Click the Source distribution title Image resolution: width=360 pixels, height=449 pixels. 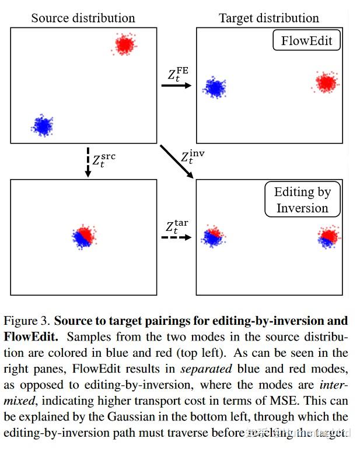pos(83,17)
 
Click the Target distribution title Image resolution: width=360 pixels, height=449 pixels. pos(269,18)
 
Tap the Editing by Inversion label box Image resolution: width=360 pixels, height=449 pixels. pos(302,200)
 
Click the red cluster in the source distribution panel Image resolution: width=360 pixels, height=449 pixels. pos(124,44)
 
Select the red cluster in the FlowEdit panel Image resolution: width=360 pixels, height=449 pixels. pos(326,83)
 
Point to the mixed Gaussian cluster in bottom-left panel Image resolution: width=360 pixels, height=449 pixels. pos(83,236)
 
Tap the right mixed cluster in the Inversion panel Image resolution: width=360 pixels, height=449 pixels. pos(328,237)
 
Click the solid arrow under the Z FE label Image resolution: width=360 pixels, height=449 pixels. pos(176,86)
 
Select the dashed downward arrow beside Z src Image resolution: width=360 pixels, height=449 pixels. pos(87,162)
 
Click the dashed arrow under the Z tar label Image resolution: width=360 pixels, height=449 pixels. pos(176,238)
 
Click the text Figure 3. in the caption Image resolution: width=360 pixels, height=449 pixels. pos(27,321)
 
